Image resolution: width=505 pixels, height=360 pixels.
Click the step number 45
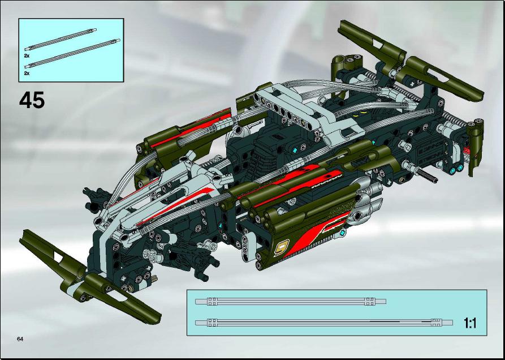(x=32, y=100)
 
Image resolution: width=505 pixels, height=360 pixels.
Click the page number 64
(x=20, y=338)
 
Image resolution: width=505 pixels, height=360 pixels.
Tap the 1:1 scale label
(x=470, y=323)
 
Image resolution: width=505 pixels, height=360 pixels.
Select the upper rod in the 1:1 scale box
(x=291, y=302)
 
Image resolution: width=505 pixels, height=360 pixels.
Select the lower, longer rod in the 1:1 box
(x=323, y=322)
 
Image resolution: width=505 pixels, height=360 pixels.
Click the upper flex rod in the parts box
(x=61, y=39)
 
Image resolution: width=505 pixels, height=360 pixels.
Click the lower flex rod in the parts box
(x=72, y=54)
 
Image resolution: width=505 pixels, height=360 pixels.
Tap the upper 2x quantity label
(x=27, y=56)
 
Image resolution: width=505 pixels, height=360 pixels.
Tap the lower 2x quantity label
(x=27, y=74)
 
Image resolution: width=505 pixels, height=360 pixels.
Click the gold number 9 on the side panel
(x=281, y=248)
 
